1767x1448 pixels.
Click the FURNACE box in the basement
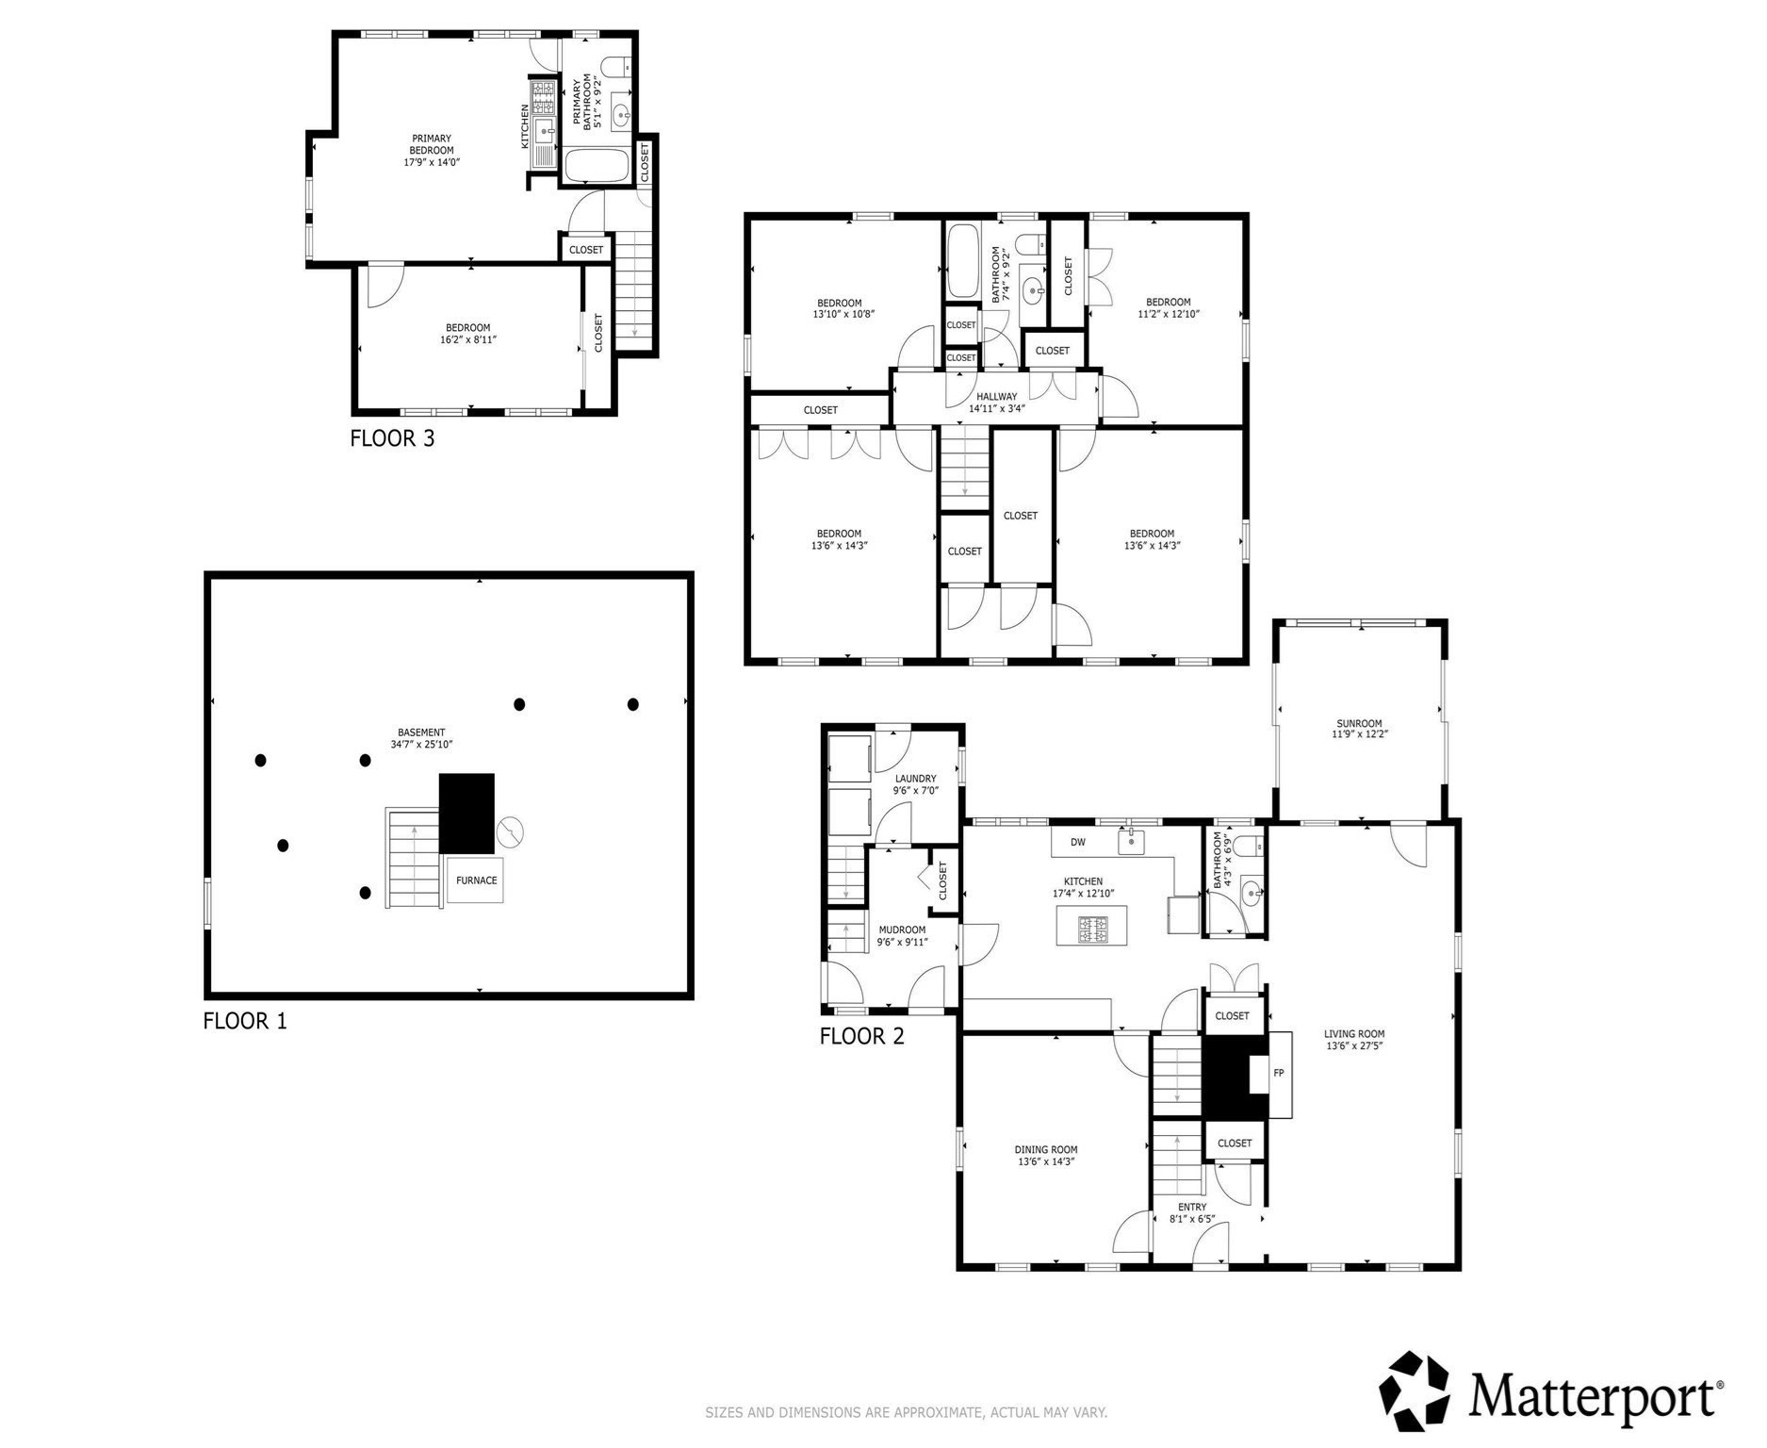(x=475, y=880)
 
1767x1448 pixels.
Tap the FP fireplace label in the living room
(x=1278, y=1073)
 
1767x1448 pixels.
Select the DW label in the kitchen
(x=1077, y=842)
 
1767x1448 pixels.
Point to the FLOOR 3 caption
(x=392, y=438)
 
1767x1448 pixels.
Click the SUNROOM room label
(x=1360, y=728)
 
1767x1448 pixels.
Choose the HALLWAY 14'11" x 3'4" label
(x=996, y=403)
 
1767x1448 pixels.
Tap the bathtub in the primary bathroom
(x=596, y=166)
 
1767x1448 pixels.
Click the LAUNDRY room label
(x=915, y=784)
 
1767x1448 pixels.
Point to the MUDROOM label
(x=902, y=935)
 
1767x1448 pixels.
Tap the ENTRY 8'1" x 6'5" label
(x=1191, y=1212)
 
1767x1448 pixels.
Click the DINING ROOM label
(x=1045, y=1155)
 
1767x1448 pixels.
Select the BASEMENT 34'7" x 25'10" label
(x=421, y=738)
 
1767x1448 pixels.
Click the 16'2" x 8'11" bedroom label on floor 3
(x=467, y=334)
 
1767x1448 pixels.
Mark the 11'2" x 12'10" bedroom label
(x=1168, y=308)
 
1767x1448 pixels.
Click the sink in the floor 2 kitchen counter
(x=1131, y=841)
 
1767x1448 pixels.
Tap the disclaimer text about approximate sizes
(x=906, y=1412)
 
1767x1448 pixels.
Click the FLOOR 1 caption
(x=244, y=1020)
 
